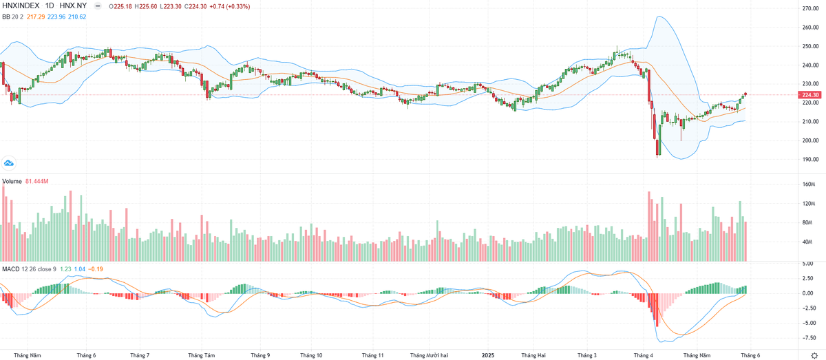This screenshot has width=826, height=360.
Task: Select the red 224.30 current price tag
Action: point(811,94)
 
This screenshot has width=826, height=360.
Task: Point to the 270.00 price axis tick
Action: point(809,8)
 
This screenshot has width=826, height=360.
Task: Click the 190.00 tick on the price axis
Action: point(809,159)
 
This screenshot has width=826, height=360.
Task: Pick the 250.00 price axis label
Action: point(809,46)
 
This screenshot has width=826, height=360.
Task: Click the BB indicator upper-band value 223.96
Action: point(55,16)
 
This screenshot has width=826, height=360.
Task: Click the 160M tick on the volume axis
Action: point(808,184)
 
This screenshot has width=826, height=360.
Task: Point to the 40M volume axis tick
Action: point(808,242)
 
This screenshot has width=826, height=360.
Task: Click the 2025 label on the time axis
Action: point(487,355)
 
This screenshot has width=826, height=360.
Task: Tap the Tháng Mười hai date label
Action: point(429,355)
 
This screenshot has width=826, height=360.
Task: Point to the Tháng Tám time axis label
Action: point(202,355)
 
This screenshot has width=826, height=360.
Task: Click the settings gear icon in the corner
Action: point(814,354)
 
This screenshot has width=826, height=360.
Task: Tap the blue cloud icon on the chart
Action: point(10,163)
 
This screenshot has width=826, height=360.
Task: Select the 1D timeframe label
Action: point(50,6)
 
